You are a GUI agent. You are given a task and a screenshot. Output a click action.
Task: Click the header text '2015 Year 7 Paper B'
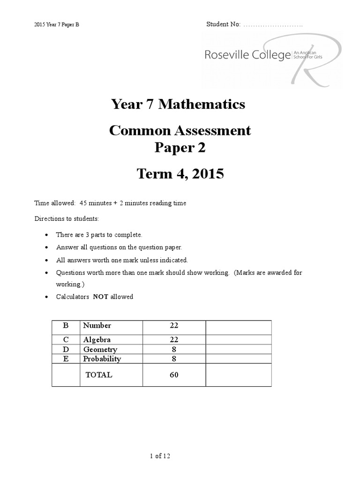(x=57, y=24)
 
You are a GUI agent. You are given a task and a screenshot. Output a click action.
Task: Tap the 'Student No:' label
(x=223, y=24)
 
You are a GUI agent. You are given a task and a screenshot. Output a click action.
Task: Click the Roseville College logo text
(x=247, y=55)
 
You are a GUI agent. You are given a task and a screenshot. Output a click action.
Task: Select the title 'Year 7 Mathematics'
(x=178, y=104)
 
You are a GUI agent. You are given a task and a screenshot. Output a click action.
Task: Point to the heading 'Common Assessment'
(x=180, y=130)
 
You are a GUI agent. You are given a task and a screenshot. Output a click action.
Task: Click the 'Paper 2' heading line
(x=180, y=148)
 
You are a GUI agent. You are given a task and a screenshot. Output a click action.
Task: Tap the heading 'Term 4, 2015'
(x=180, y=174)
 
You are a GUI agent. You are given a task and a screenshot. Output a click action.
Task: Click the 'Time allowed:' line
(x=110, y=203)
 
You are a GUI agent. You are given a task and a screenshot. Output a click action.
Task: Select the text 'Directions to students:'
(x=67, y=219)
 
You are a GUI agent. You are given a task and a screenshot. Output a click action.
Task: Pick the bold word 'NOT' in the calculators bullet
(x=101, y=297)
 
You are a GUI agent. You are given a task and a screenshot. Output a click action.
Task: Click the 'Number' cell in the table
(x=97, y=325)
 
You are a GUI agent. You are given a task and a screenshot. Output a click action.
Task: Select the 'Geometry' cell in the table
(x=100, y=349)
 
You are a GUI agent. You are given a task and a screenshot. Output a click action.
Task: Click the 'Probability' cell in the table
(x=102, y=359)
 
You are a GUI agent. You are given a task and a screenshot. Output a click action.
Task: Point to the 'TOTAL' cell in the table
(x=98, y=375)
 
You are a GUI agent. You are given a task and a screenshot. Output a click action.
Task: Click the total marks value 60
(x=174, y=375)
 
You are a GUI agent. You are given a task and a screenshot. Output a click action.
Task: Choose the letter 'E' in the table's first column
(x=66, y=359)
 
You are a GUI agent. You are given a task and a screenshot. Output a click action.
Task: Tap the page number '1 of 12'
(x=162, y=456)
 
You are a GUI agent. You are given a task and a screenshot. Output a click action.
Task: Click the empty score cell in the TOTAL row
(x=238, y=375)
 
